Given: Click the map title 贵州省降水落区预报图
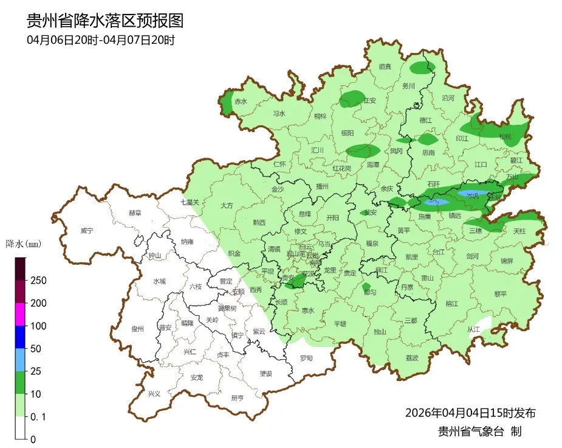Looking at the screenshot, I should (x=105, y=21).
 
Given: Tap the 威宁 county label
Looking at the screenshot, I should (x=87, y=231).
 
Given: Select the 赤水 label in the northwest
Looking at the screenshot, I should (x=241, y=102).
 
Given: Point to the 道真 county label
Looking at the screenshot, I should (x=385, y=67).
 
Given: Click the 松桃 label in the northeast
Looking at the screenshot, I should (x=505, y=136).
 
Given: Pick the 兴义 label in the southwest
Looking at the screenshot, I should (x=155, y=394).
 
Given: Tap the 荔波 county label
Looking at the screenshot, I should (x=411, y=358).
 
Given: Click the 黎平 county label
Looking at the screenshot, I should (x=500, y=293).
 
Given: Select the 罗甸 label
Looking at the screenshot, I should (x=306, y=358).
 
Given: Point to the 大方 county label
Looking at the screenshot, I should (x=227, y=206).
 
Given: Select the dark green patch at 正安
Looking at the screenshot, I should (x=352, y=99).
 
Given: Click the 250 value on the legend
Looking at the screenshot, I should (x=38, y=281).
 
